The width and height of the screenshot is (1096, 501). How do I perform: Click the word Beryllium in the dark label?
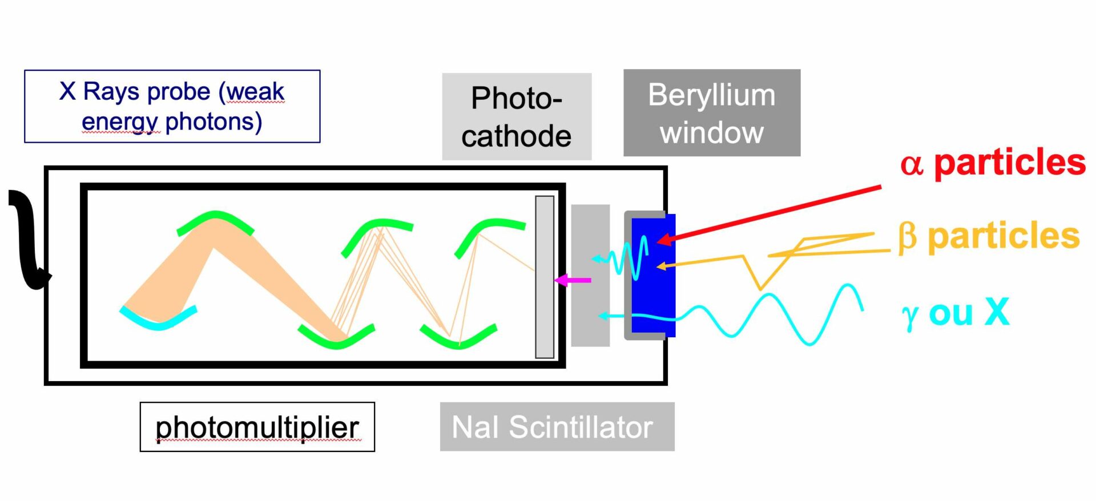coord(711,95)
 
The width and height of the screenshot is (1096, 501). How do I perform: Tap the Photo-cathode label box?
coord(517,116)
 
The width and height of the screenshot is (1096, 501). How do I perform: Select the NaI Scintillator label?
coord(557,427)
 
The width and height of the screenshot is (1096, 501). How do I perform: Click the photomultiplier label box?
coord(257,427)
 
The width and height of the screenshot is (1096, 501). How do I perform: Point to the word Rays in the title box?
coord(118,91)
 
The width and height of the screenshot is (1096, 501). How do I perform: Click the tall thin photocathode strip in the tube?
coord(544,277)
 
